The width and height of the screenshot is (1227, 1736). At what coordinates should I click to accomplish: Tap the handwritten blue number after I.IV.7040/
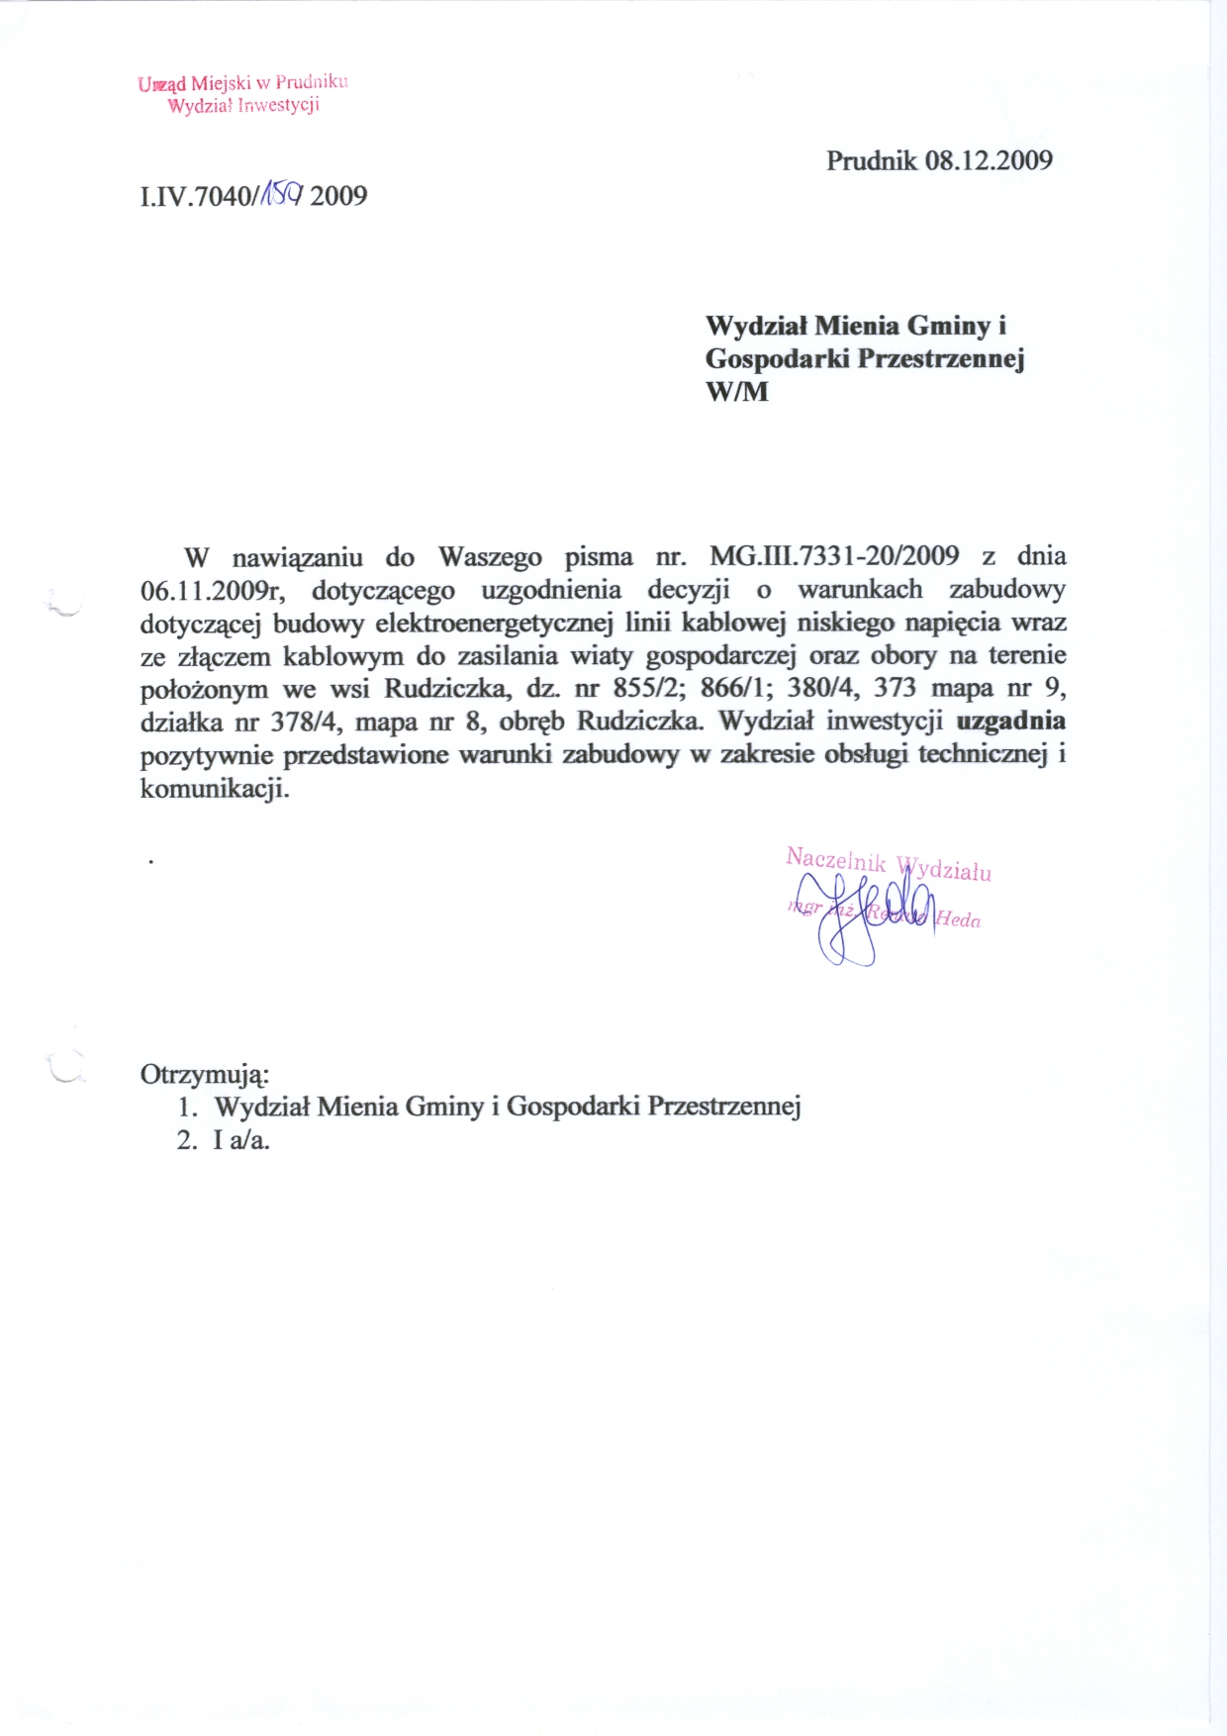coord(280,193)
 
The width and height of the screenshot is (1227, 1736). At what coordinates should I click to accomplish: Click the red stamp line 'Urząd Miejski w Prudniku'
coord(243,83)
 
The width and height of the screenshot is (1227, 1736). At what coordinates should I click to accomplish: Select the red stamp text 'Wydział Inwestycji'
coord(243,106)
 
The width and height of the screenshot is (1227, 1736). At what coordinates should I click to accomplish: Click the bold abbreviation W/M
coord(736,391)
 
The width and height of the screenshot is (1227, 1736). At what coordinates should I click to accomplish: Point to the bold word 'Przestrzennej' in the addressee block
coord(940,358)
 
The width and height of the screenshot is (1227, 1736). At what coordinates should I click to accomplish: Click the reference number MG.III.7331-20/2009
coord(834,556)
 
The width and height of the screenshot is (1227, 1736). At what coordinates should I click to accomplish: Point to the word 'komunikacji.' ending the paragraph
coord(215,789)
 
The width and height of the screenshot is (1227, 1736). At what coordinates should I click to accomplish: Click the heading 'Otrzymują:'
coord(205,1074)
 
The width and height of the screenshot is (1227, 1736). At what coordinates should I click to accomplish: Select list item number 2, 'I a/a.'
coord(241,1140)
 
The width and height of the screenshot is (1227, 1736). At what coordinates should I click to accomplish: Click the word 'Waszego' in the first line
coord(490,556)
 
